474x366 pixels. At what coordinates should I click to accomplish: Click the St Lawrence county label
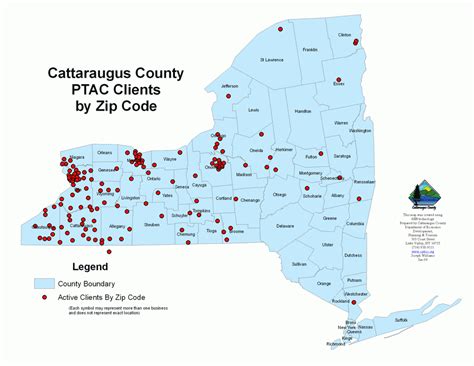[x=273, y=60]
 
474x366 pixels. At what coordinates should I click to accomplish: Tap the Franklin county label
[x=310, y=49]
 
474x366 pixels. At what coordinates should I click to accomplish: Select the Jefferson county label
[x=230, y=86]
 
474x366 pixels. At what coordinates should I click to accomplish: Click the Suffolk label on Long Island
[x=402, y=320]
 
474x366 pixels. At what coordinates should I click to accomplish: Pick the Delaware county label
[x=285, y=225]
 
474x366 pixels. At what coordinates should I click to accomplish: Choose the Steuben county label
[x=152, y=225]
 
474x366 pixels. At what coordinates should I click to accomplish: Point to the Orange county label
[x=323, y=284]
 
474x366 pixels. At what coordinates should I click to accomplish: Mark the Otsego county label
[x=279, y=195]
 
